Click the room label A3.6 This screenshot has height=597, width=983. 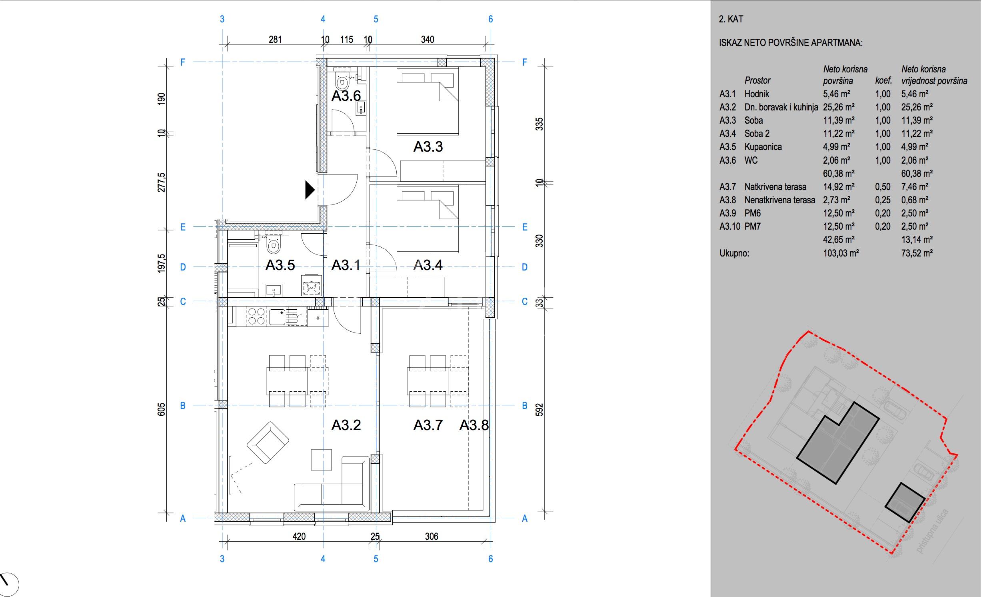click(346, 96)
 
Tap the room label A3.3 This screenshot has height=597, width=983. click(428, 147)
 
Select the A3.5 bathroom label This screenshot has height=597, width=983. click(280, 265)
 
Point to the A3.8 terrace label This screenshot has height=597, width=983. click(474, 425)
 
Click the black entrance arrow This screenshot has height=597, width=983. click(310, 190)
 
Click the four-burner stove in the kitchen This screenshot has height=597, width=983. click(256, 316)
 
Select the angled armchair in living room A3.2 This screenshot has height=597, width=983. click(268, 443)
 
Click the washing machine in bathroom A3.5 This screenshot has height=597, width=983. click(312, 286)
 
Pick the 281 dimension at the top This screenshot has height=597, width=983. click(275, 40)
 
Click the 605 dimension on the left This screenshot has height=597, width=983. click(161, 410)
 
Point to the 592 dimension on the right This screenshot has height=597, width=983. click(539, 409)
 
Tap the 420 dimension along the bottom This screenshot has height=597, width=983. click(299, 537)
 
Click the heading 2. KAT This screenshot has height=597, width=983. click(731, 19)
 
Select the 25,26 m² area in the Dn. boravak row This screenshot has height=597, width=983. click(839, 107)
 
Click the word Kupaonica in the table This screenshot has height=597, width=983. click(763, 147)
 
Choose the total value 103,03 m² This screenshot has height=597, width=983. click(841, 253)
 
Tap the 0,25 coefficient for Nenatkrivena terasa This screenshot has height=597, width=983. click(883, 200)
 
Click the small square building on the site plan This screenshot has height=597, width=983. click(905, 508)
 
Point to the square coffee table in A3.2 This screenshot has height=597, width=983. click(322, 460)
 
